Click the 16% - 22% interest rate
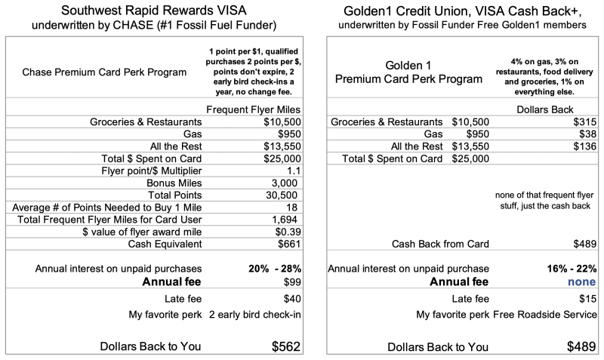(567, 268)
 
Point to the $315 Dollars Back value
(584, 122)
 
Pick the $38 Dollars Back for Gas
(586, 134)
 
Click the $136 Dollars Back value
(584, 146)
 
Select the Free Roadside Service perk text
(544, 314)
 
